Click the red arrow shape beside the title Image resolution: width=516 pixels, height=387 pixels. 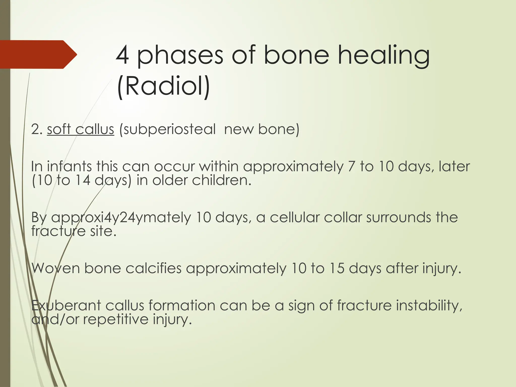point(38,54)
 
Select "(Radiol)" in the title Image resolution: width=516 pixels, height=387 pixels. point(163,86)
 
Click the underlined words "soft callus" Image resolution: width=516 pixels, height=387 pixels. point(80,130)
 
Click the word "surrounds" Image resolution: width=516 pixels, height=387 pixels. point(399,217)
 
